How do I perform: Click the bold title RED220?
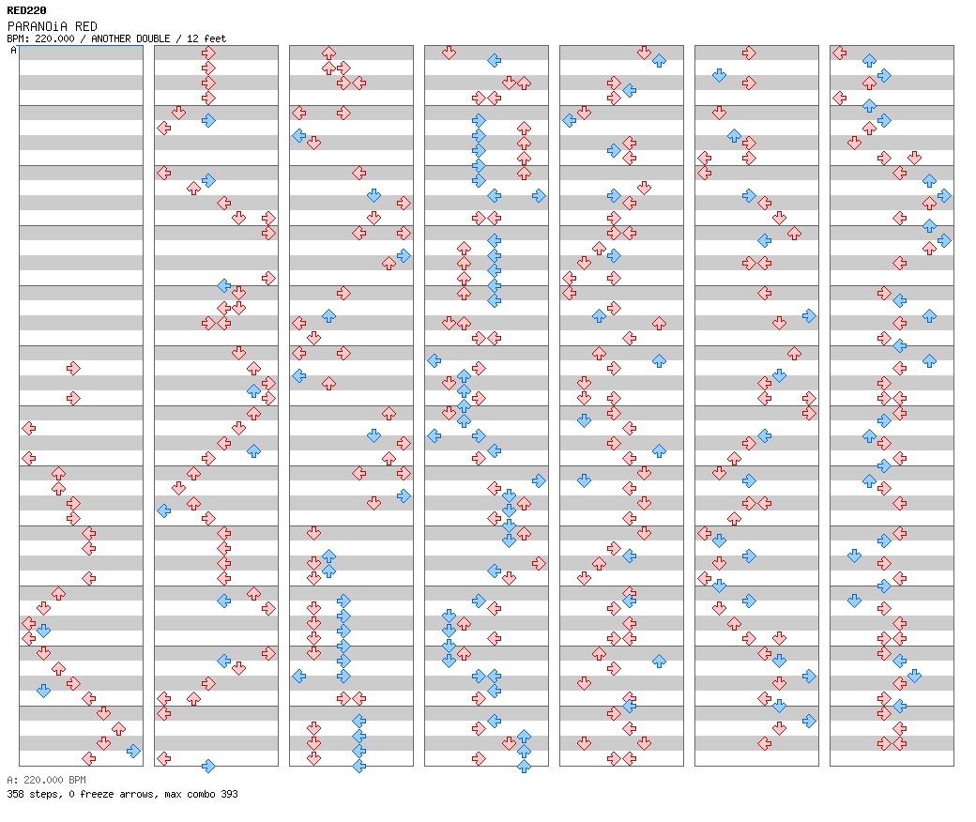(27, 10)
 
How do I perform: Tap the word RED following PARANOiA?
(86, 27)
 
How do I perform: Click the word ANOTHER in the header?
(108, 38)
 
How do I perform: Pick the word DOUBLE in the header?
(150, 38)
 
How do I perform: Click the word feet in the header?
(215, 38)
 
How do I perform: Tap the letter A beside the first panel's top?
(14, 51)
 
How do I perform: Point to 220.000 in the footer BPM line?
(43, 781)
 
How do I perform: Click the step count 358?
(15, 795)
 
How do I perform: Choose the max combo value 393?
(230, 795)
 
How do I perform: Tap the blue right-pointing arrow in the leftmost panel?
(134, 751)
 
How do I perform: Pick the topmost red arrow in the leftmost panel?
(73, 369)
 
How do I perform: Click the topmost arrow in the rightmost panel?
(840, 53)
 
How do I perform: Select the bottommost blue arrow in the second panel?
(208, 766)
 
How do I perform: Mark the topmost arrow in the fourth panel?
(449, 53)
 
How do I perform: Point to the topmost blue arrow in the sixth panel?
(719, 75)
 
